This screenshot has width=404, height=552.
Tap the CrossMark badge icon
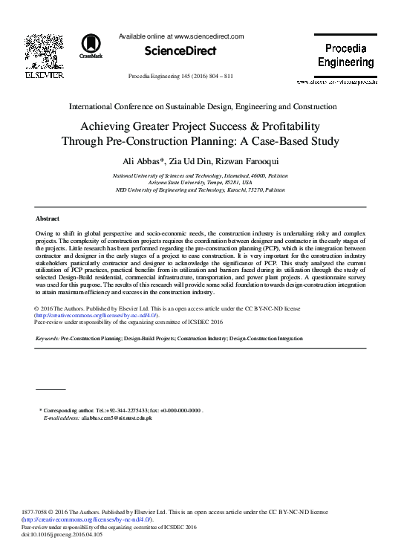(91, 45)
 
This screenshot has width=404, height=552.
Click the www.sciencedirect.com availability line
(181, 36)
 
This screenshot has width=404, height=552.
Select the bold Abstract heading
(48, 219)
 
